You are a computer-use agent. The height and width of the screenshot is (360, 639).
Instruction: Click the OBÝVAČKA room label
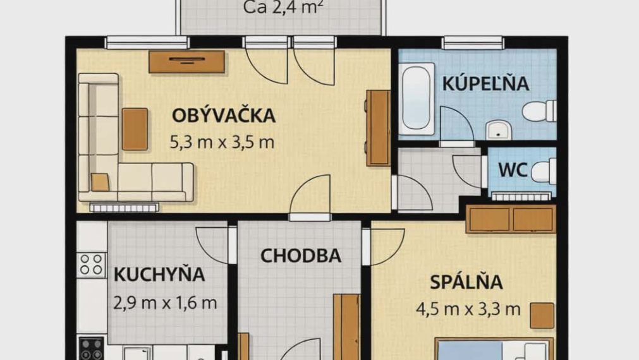[x=223, y=116]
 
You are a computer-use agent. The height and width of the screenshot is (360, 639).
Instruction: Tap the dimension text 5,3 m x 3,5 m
[x=222, y=142]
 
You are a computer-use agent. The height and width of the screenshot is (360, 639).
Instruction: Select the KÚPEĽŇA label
[x=485, y=84]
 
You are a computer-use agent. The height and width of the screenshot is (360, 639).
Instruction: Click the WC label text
[x=513, y=170]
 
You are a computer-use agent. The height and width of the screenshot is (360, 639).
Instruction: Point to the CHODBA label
[x=301, y=256]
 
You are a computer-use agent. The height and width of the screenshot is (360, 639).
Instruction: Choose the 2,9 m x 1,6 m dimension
[x=165, y=303]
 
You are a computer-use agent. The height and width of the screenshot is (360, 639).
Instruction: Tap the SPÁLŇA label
[x=466, y=282]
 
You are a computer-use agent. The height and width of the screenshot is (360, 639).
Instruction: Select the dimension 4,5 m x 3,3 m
[x=468, y=309]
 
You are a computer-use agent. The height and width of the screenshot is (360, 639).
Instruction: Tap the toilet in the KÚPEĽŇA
[x=539, y=111]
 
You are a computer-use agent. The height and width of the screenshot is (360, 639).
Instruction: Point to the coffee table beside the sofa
[x=135, y=129]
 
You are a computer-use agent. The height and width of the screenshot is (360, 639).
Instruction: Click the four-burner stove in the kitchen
[x=92, y=265]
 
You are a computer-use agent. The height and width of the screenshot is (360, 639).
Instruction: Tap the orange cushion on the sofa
[x=100, y=182]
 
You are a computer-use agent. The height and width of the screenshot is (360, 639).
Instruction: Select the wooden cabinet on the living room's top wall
[x=187, y=61]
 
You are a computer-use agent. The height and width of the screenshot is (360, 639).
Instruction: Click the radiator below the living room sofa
[x=123, y=207]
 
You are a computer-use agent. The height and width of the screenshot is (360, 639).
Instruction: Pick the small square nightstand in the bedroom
[x=542, y=315]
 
